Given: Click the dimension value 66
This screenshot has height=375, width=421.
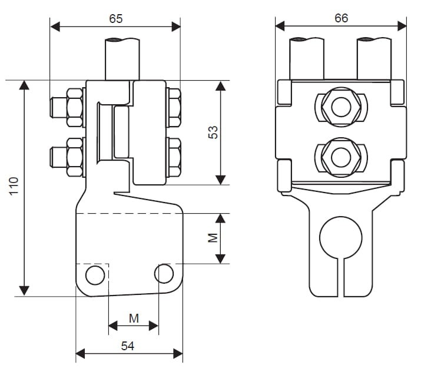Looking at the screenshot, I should point(341,18).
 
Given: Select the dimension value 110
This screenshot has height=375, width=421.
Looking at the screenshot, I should point(14,187).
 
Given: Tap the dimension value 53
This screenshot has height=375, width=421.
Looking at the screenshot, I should point(214,132).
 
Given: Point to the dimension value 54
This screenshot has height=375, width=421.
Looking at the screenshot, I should point(128,346).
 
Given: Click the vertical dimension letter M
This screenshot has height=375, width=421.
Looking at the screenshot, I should point(214,238).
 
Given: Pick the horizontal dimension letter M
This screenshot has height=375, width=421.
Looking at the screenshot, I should point(134,318).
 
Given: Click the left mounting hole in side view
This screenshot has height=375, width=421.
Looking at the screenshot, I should point(94,274).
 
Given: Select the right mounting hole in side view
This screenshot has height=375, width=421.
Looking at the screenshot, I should point(164,273).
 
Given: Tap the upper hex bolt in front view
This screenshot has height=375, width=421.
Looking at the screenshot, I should point(340,107).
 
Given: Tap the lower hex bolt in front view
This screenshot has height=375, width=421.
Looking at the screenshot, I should point(340,157).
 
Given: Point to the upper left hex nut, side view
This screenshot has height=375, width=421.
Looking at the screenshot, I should point(75,107).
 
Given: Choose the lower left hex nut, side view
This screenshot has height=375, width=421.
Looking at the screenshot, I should point(75,157).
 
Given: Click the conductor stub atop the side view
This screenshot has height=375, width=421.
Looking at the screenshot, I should point(122,58).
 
